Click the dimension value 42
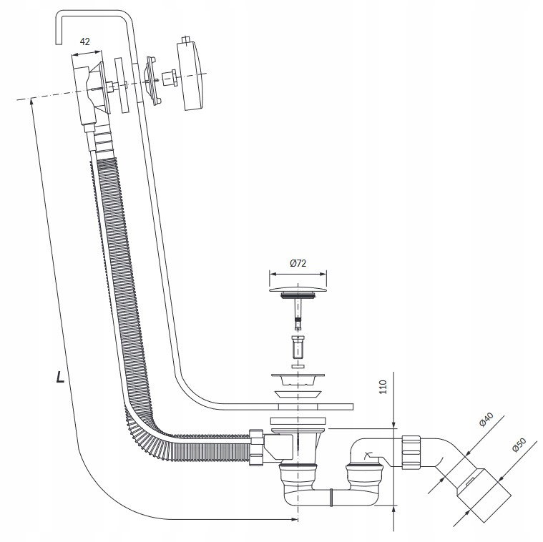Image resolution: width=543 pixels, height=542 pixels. (85, 41)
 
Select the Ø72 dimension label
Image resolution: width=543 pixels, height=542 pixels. (298, 263)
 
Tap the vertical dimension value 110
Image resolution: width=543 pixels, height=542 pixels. (383, 387)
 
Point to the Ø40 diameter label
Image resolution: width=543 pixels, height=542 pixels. (486, 420)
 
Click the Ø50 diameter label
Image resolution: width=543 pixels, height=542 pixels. (519, 445)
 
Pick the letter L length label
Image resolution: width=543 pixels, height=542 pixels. (60, 377)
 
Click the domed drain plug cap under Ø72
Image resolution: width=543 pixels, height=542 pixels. (298, 290)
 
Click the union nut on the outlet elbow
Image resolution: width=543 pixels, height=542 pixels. (411, 452)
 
